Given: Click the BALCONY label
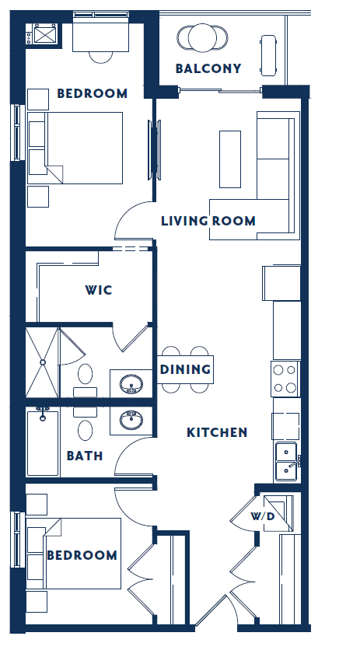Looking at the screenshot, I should coord(208,68).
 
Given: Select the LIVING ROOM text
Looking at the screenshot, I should coord(208,221).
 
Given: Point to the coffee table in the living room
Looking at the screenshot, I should coord(230,159).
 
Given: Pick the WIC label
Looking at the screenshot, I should coord(99,290).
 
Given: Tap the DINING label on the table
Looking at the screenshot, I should coord(186,369).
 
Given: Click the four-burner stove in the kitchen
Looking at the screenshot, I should coord(285,379).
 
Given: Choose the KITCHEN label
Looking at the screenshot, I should coord(217,432).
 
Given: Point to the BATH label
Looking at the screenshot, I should coord(85,456).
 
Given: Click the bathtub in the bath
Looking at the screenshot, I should coord(43,442).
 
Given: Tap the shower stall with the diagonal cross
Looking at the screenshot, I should coord(42,362).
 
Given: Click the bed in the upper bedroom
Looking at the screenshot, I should coord(76,148).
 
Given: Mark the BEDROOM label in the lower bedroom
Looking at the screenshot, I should coord(82,555).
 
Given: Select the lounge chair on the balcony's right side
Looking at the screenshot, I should coord(269,54).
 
